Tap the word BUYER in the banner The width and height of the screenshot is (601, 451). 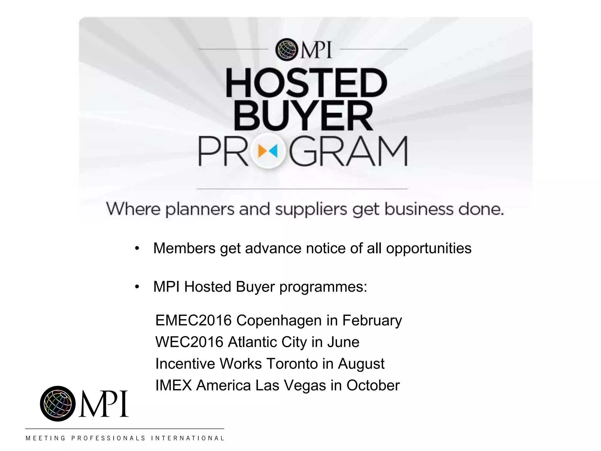pyautogui.click(x=303, y=116)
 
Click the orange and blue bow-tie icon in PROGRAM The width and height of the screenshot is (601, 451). pyautogui.click(x=268, y=151)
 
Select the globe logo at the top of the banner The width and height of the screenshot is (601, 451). pyautogui.click(x=286, y=50)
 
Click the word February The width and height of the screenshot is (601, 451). pyautogui.click(x=372, y=320)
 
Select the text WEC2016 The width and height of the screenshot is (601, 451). pyautogui.click(x=189, y=342)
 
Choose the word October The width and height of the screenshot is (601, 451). pyautogui.click(x=373, y=386)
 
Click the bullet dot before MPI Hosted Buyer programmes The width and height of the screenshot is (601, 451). pyautogui.click(x=137, y=287)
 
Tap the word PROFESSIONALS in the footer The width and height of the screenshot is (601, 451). pyautogui.click(x=108, y=438)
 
